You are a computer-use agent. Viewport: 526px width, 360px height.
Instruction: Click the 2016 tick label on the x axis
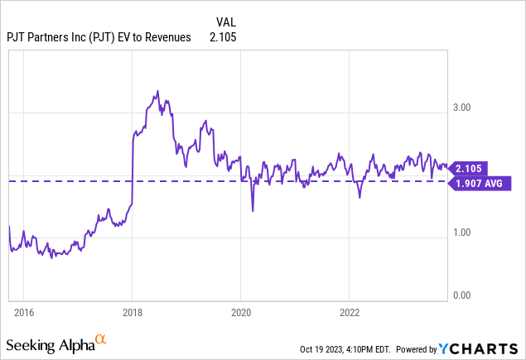[x=23, y=313]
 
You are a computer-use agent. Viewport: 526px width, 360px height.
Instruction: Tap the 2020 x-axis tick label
[x=240, y=313]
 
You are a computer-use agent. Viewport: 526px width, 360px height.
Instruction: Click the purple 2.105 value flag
[x=471, y=168]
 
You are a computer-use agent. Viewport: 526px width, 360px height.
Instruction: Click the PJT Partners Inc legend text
[x=98, y=36]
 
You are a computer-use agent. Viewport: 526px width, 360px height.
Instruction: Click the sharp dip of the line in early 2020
[x=253, y=210]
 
